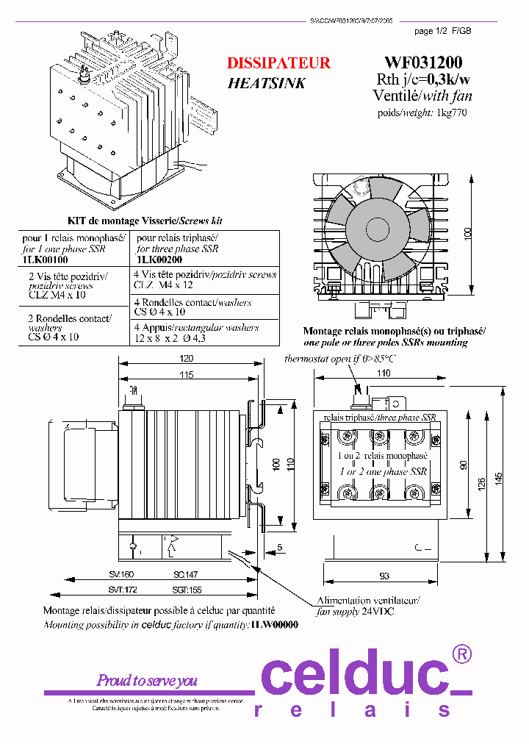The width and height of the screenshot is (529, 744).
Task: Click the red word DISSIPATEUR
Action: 278,63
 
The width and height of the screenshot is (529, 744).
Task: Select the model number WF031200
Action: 423,63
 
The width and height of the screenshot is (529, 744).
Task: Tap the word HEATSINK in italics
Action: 266,83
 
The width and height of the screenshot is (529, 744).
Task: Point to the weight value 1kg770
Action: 452,112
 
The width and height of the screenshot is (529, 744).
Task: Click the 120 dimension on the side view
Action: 186,358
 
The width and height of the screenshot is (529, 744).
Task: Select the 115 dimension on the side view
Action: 185,375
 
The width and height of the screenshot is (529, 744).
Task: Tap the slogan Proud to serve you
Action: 147,681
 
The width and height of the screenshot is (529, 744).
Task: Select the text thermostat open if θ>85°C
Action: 339,359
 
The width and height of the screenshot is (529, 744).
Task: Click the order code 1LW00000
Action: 274,624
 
